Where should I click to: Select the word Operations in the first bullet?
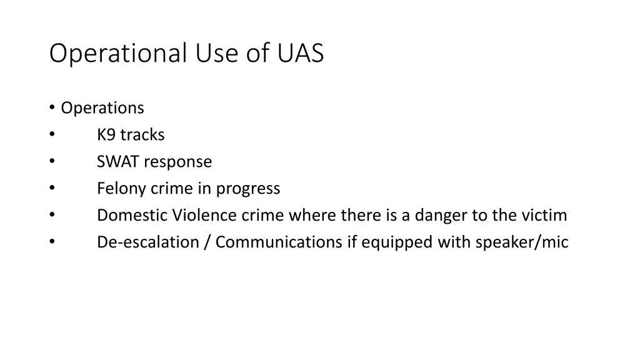[102, 108]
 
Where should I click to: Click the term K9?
[106, 135]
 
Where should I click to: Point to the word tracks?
[142, 135]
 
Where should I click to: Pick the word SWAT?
[118, 162]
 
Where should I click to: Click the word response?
[178, 162]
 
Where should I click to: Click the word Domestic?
[132, 216]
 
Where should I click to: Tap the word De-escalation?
[147, 242]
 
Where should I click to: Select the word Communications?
[279, 242]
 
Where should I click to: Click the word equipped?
[396, 242]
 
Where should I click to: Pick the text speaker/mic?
[521, 242]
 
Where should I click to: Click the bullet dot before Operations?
[52, 108]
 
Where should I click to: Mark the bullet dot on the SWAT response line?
[52, 162]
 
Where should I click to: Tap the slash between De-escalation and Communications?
[206, 242]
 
